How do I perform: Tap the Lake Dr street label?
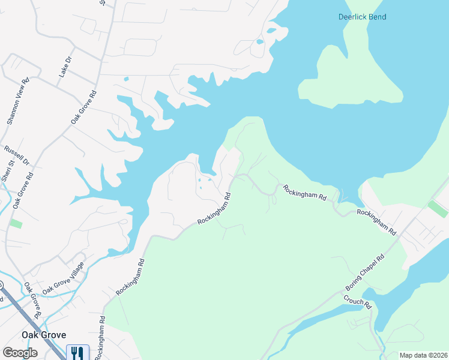[65, 68]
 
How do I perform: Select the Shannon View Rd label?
[18, 101]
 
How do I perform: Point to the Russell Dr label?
[17, 155]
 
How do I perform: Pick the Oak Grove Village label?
[64, 274]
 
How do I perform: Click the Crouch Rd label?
[358, 302]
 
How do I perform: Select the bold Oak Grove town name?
[44, 335]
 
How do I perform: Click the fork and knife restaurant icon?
[77, 352]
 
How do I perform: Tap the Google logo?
[19, 353]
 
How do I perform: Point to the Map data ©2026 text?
[423, 355]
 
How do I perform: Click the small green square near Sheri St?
[16, 224]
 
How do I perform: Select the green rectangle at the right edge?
[438, 209]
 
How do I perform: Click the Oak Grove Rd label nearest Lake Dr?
[83, 107]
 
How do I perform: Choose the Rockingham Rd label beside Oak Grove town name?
[100, 339]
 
